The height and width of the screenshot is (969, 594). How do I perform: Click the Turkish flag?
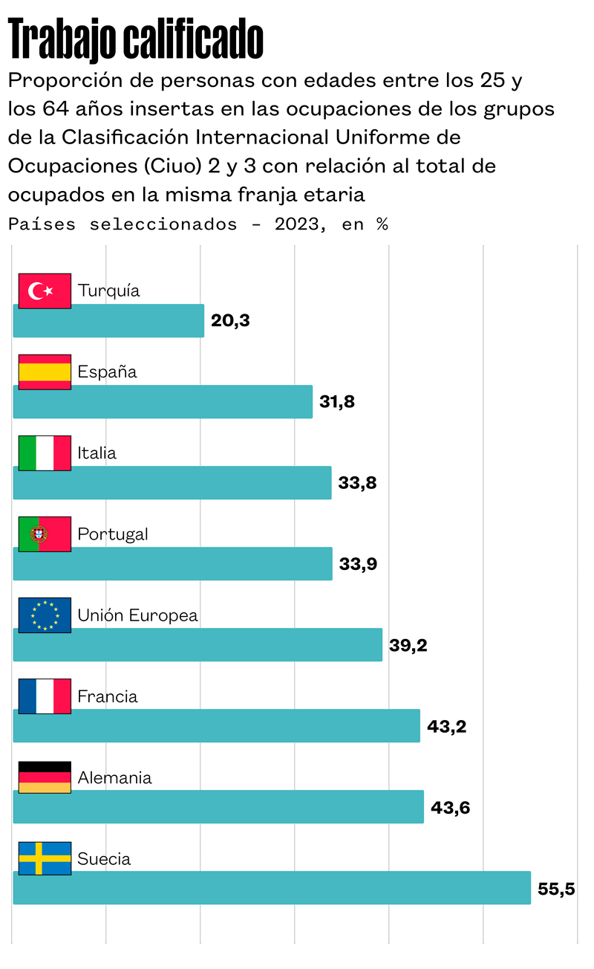(45, 291)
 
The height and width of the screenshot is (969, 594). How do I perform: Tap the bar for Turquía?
(108, 321)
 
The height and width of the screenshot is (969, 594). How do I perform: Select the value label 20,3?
(230, 321)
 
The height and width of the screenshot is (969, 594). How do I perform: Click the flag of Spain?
(45, 372)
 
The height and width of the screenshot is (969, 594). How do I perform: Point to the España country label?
(108, 372)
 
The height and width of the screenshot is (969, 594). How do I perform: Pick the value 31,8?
(337, 402)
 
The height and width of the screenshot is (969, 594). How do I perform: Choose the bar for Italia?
(172, 483)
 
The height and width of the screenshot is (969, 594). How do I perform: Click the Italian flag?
(45, 453)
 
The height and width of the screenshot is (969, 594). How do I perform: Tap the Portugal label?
(113, 534)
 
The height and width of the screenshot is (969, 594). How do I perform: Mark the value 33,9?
(358, 564)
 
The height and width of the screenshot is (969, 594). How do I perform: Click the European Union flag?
(45, 615)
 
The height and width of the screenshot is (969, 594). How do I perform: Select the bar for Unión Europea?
(198, 645)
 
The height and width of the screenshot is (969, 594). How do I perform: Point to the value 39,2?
(408, 645)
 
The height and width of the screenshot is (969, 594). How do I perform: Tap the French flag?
(45, 696)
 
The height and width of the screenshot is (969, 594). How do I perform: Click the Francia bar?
(217, 726)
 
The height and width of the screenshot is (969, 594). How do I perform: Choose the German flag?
(45, 777)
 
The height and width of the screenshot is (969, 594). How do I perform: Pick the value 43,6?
(451, 807)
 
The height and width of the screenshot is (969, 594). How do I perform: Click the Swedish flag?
(45, 858)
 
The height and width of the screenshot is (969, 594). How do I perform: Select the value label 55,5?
(557, 889)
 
